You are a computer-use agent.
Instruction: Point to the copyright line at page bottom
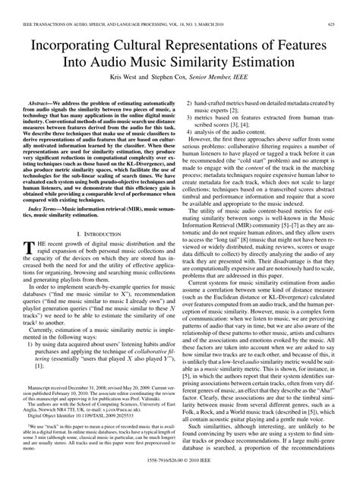click(x=180, y=473)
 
